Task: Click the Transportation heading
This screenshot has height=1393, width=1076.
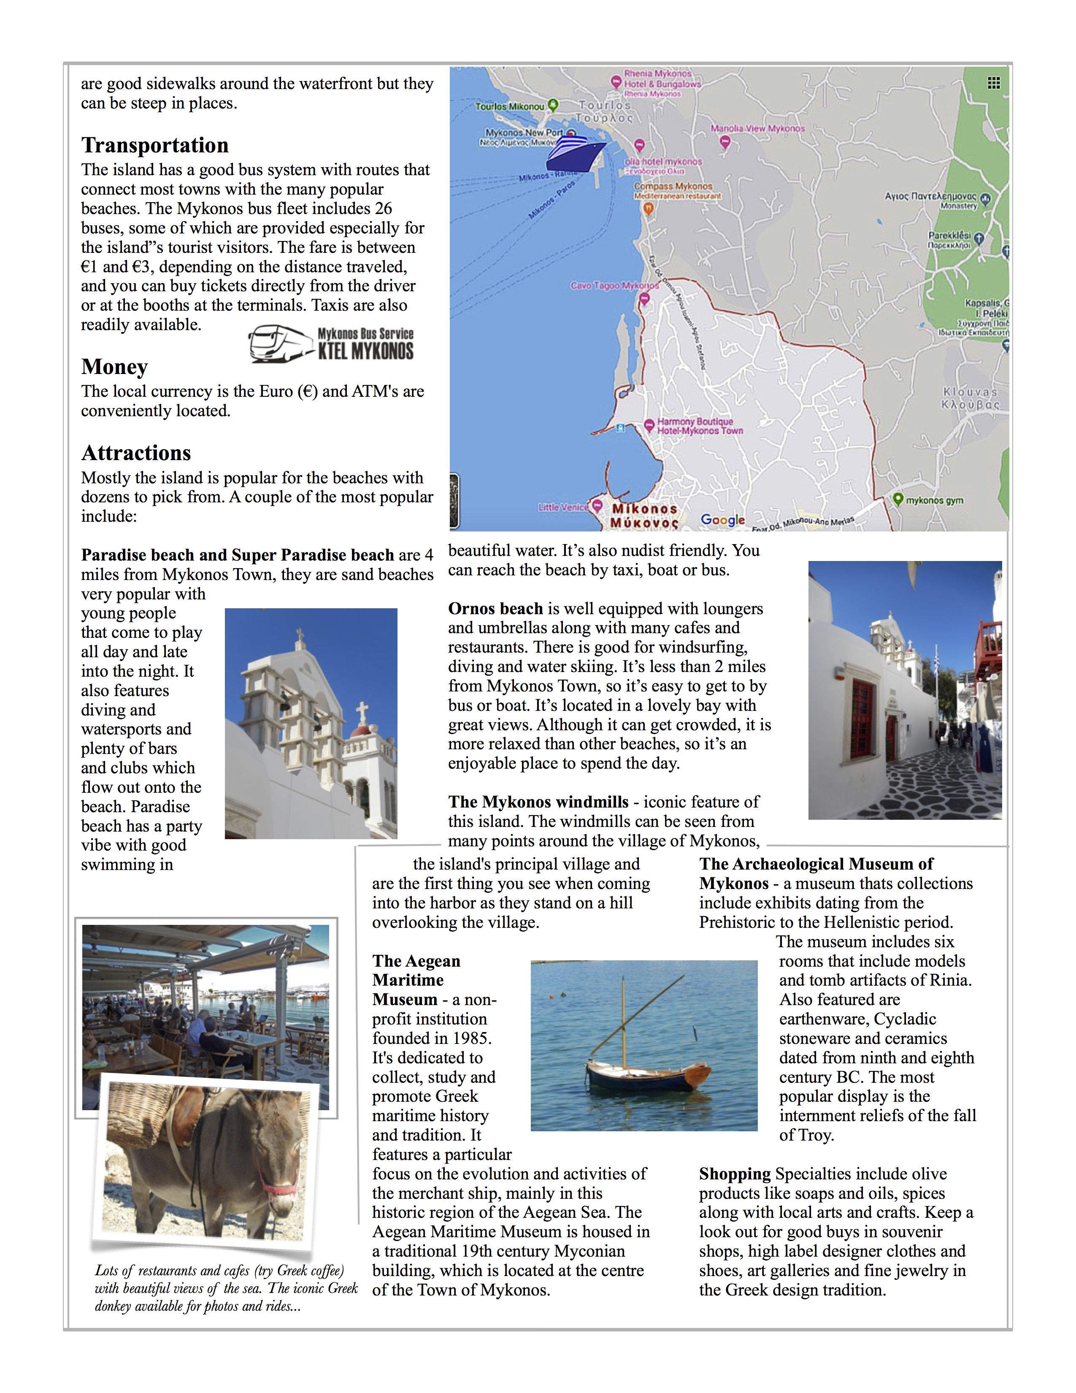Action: tap(154, 146)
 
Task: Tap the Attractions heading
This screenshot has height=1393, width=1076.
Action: tap(136, 453)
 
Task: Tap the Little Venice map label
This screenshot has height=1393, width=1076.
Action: tap(563, 508)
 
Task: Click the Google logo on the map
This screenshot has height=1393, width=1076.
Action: tap(722, 520)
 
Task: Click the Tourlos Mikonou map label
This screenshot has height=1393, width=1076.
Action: tap(509, 106)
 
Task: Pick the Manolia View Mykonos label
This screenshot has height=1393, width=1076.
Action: tap(757, 129)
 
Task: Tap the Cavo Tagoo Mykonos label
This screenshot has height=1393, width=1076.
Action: tap(614, 286)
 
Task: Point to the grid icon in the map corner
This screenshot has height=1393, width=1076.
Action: tap(993, 83)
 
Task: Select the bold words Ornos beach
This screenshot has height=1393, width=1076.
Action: tap(495, 609)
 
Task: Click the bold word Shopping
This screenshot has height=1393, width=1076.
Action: tap(735, 1174)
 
